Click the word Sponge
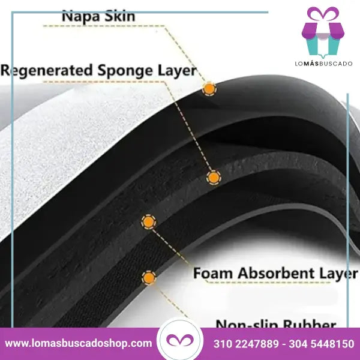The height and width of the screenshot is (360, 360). coord(127,70)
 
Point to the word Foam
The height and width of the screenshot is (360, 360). coord(213,273)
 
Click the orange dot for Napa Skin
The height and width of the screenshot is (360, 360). coord(209,89)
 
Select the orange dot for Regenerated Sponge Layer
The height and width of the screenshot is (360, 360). coord(213,177)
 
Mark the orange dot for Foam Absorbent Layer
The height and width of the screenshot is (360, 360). coord(148,222)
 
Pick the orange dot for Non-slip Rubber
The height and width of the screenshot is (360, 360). coord(148,278)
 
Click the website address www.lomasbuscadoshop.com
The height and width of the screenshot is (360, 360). coord(79,344)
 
